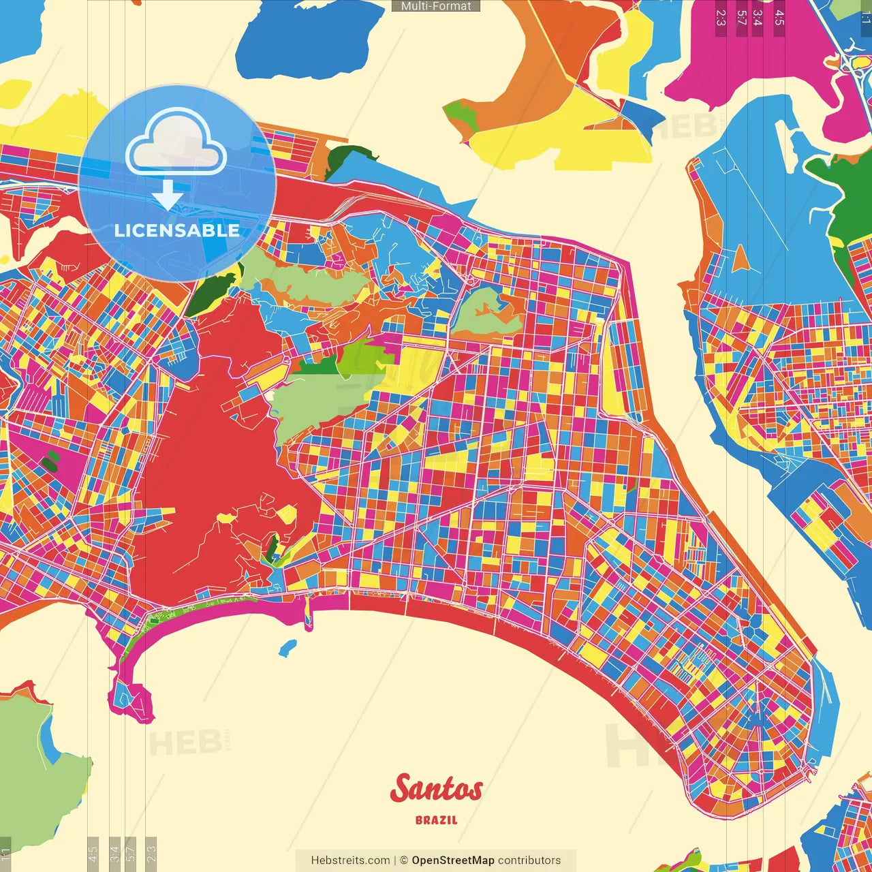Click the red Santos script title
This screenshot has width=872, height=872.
(436, 790)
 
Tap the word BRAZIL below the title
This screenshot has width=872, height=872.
(436, 820)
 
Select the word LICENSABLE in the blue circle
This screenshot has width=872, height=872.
(176, 230)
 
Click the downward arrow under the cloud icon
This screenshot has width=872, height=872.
(168, 196)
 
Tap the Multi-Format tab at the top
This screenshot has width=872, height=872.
(436, 6)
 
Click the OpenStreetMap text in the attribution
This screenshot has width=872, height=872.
(452, 860)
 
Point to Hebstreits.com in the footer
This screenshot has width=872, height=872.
(350, 860)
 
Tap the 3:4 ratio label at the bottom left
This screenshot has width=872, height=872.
(114, 853)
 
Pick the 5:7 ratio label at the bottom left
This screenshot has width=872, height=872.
(131, 853)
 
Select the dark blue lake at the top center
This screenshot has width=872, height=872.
(307, 41)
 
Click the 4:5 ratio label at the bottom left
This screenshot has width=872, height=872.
(93, 853)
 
